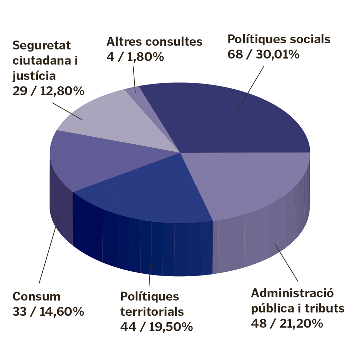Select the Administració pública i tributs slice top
[249, 183]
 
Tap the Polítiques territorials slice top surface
[149, 194]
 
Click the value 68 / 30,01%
[263, 54]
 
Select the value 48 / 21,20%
[287, 323]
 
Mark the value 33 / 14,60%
[48, 312]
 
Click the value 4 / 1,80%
[135, 57]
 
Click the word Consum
[37, 297]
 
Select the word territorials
[152, 312]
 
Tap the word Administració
[292, 293]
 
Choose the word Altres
[124, 42]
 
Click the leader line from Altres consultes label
[134, 76]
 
